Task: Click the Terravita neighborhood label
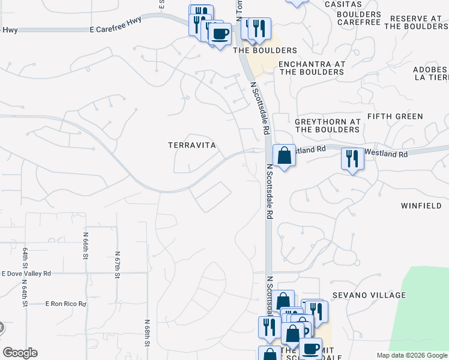tap(191, 145)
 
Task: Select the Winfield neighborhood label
tap(420, 205)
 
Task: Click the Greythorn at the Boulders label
tap(327, 125)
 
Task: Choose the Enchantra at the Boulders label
tap(311, 68)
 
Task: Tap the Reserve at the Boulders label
tap(415, 22)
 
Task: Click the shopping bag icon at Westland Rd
tap(284, 155)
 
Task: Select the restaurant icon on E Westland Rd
tap(352, 158)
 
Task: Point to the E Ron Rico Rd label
tap(66, 304)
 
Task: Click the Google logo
tap(20, 353)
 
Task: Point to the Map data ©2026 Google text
tap(411, 355)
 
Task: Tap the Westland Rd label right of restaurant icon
tap(386, 154)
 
